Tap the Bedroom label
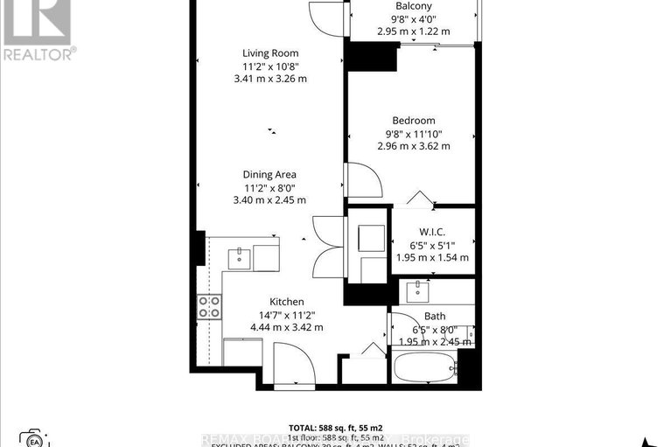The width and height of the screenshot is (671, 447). pos(413,121)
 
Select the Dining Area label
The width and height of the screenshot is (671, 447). pos(269,174)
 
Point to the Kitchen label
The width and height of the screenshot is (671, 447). pos(286,302)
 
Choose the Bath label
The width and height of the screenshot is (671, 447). pos(435,316)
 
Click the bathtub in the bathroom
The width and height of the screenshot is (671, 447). pos(425,367)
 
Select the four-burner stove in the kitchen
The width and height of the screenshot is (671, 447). pos(210,305)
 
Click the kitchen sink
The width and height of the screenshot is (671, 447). pos(239,257)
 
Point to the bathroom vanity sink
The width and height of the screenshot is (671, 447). pos(421,288)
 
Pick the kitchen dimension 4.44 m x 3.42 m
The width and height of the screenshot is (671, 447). pos(286,327)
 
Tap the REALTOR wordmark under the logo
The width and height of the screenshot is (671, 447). pos(38,54)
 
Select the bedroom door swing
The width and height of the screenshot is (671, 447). pos(362,179)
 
